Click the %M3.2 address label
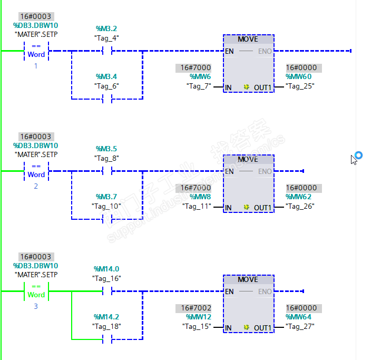[106, 28]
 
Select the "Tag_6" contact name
[106, 85]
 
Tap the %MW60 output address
[302, 76]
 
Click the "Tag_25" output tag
[300, 85]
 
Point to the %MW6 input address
[200, 76]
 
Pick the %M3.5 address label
[106, 149]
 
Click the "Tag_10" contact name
[106, 206]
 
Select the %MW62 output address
[302, 197]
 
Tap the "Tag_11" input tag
[197, 206]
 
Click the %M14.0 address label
[106, 269]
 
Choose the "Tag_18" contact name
[106, 326]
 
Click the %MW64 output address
[302, 317]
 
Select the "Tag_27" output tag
[300, 326]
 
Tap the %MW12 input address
[198, 317]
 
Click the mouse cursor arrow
[354, 159]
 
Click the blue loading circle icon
[359, 155]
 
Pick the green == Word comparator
[36, 290]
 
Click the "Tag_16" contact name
[106, 278]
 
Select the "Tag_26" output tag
[300, 206]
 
